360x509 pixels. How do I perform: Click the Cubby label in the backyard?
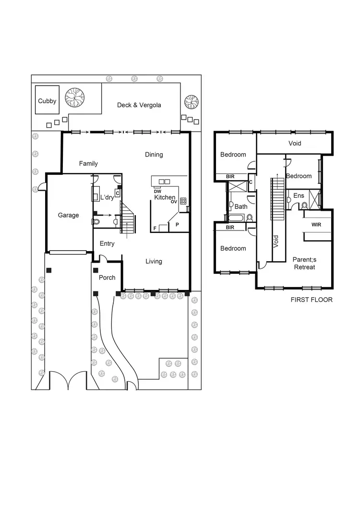[47, 101]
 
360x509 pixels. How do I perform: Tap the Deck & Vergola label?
[139, 105]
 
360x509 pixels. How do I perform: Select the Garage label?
[69, 216]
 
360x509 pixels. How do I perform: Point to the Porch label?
[107, 278]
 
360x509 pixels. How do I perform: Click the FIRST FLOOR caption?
[312, 300]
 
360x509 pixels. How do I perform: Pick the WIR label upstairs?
[316, 225]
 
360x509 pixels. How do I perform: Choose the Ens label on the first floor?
[299, 196]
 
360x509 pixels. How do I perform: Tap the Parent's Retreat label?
[304, 263]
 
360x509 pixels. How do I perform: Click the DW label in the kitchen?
[157, 192]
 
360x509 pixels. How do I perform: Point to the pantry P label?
[177, 224]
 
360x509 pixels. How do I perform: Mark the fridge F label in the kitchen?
[155, 228]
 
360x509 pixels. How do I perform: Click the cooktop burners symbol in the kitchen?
[183, 202]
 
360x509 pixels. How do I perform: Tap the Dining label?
[154, 155]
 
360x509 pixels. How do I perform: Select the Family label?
[88, 164]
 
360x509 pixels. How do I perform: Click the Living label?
[154, 262]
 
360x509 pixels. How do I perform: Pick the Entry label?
[107, 244]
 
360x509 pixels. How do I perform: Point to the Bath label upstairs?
[241, 207]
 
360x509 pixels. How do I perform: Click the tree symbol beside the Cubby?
[75, 97]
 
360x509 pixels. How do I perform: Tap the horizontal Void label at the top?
[295, 144]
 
